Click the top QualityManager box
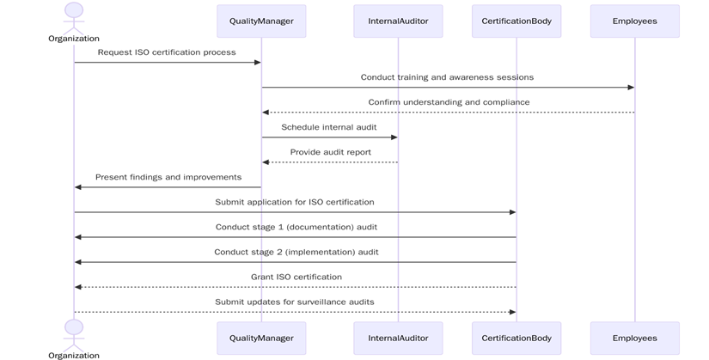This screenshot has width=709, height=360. [261, 21]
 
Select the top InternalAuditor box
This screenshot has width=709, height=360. [398, 21]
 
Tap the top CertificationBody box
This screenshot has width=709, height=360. [516, 21]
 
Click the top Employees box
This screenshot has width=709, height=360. [634, 21]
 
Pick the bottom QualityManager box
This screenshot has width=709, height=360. [261, 338]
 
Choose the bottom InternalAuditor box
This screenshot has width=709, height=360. [398, 338]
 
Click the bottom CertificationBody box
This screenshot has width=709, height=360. [516, 338]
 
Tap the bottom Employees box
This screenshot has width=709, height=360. [634, 338]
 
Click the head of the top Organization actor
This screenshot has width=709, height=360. [74, 10]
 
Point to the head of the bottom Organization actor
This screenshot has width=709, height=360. [74, 327]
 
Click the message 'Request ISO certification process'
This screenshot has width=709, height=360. [167, 52]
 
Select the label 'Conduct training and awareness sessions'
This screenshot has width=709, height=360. [447, 77]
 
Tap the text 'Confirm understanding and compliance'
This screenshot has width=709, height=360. [449, 102]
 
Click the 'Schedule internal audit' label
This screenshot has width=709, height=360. [330, 127]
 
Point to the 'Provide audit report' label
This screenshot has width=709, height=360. [330, 152]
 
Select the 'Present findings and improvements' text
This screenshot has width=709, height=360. [168, 177]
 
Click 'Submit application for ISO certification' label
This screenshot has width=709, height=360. [295, 202]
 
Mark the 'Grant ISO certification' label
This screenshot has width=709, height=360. [296, 277]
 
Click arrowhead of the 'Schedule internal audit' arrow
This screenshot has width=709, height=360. [394, 137]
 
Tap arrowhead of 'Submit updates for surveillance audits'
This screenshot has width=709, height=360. [512, 312]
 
